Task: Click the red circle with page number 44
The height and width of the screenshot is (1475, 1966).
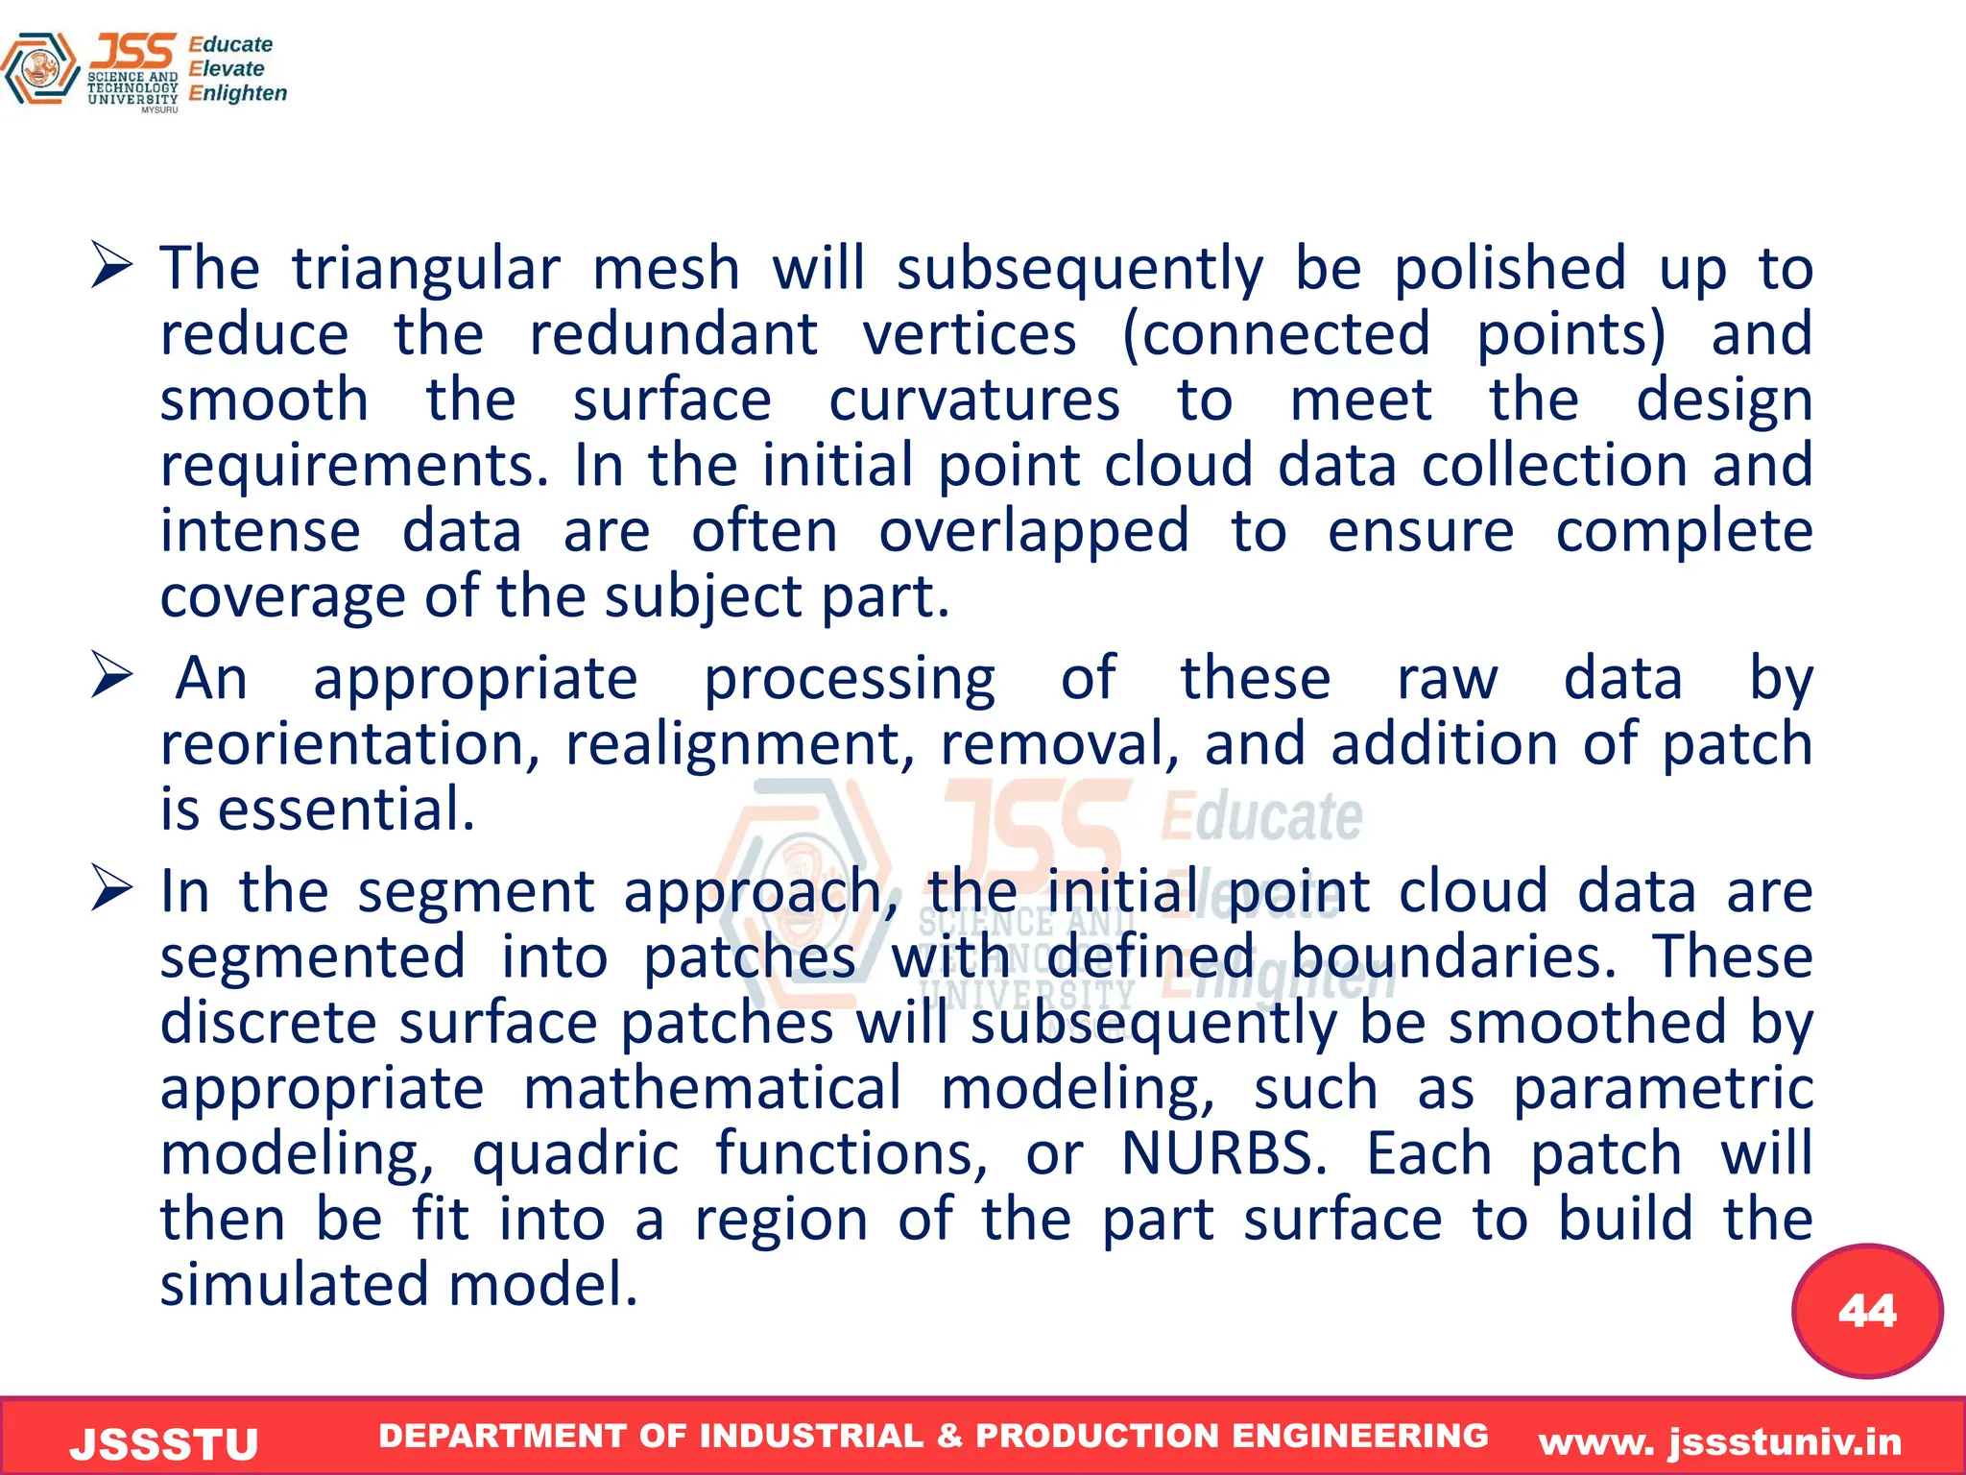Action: coord(1866,1311)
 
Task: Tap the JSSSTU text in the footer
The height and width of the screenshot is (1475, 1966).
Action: coord(164,1443)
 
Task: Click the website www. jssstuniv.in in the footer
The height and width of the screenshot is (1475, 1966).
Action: coord(1720,1441)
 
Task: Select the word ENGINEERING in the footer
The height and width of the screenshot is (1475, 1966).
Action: coord(1359,1435)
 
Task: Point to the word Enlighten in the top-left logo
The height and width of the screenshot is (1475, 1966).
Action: coord(238,93)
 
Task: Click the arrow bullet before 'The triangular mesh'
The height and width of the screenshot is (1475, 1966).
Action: coord(111,265)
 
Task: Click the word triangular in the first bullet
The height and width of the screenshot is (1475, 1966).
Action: coord(426,269)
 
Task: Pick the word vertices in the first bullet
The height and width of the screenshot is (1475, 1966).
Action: coord(970,334)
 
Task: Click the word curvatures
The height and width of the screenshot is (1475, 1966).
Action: coord(974,399)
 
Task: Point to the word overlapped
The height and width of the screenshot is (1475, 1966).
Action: coord(1034,531)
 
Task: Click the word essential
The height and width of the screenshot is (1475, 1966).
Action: coord(347,810)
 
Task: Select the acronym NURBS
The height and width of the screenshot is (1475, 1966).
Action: coord(1224,1153)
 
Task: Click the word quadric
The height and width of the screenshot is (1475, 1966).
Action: coord(575,1154)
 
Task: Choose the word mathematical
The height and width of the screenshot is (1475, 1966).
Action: coord(712,1088)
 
